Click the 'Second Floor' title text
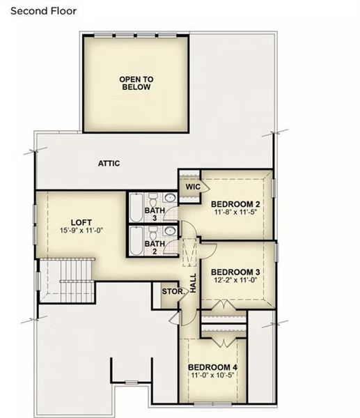coord(43,11)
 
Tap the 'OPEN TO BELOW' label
coord(136,84)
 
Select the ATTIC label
coord(109,164)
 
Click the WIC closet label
coord(193,187)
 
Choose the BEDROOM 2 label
coord(235,204)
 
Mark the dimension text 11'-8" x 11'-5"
coord(235,212)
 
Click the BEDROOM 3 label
coord(235,272)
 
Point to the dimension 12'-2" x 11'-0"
coord(235,280)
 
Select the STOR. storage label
coord(171,291)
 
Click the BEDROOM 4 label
coord(212,367)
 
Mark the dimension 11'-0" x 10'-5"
coord(212,376)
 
